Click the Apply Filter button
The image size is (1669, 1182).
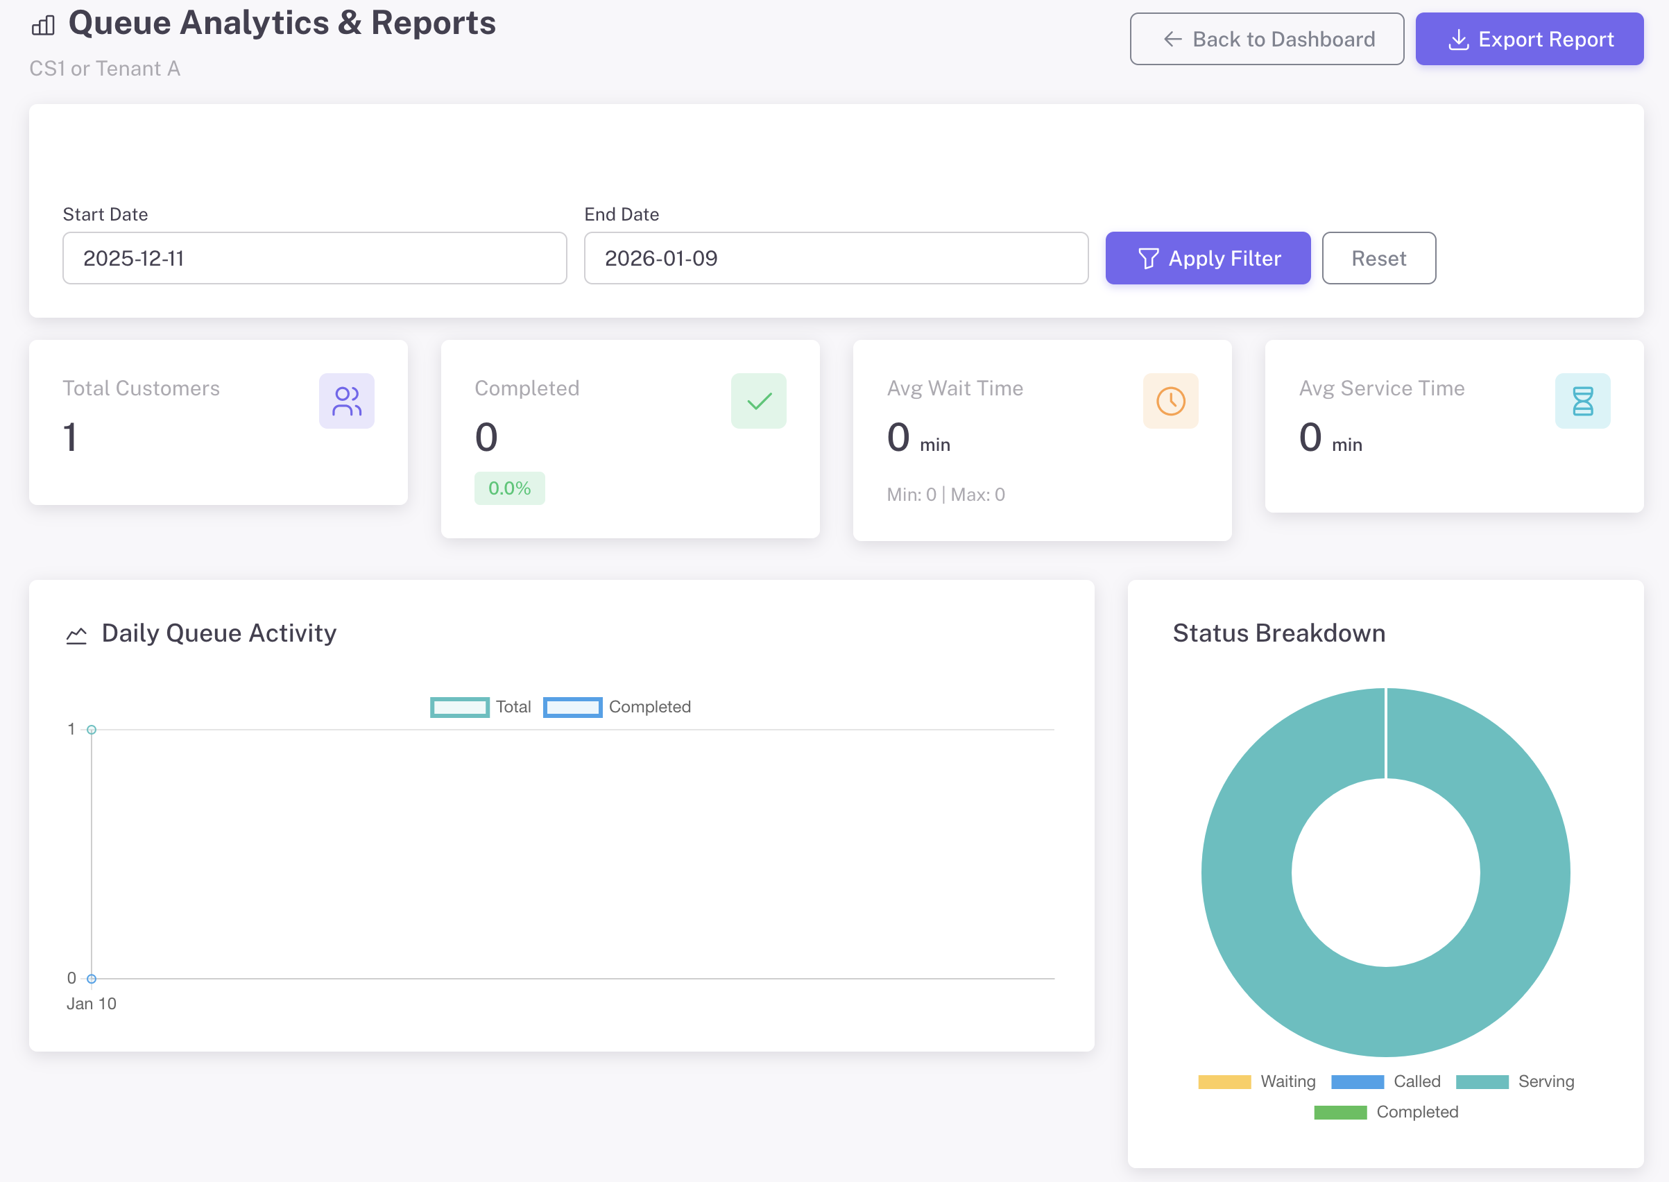tap(1208, 258)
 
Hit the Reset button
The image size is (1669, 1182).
tap(1378, 258)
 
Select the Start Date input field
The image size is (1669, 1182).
tap(314, 258)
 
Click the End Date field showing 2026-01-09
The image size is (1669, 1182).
tap(836, 258)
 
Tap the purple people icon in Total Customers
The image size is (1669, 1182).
tap(346, 401)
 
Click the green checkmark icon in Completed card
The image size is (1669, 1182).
tap(758, 401)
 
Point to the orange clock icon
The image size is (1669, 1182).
tap(1170, 401)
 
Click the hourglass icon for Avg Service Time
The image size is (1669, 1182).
tap(1582, 401)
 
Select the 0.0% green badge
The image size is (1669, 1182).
tap(509, 488)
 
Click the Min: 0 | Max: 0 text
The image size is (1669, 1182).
tap(945, 495)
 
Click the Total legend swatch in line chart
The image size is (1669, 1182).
tap(460, 708)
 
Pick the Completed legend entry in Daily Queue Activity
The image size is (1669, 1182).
tap(617, 708)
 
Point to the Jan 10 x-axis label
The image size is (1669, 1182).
tap(92, 1004)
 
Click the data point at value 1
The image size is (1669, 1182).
tap(92, 729)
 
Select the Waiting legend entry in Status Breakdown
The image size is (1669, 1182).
tap(1257, 1081)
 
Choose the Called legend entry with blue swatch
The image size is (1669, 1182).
tap(1386, 1081)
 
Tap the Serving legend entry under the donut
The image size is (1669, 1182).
tap(1515, 1081)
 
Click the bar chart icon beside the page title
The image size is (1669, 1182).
tap(44, 26)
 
